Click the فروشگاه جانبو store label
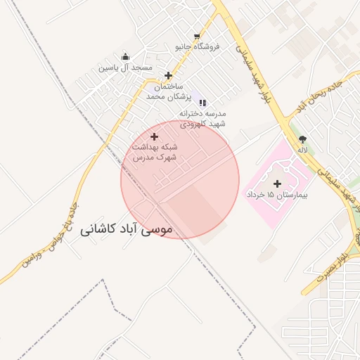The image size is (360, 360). [x=197, y=47]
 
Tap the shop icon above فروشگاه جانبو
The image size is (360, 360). [x=197, y=36]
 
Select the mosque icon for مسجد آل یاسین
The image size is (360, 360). [x=125, y=57]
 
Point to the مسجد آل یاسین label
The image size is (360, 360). [x=125, y=67]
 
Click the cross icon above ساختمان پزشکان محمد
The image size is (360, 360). [x=168, y=75]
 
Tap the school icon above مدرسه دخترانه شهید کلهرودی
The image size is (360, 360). [x=202, y=103]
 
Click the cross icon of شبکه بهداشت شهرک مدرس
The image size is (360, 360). [x=155, y=136]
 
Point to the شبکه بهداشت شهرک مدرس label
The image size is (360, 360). [x=155, y=153]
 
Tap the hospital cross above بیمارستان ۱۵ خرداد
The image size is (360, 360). [x=276, y=183]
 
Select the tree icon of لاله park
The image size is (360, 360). [x=303, y=139]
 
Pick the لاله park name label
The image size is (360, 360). [x=303, y=150]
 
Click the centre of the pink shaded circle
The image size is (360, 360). [x=180, y=179]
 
